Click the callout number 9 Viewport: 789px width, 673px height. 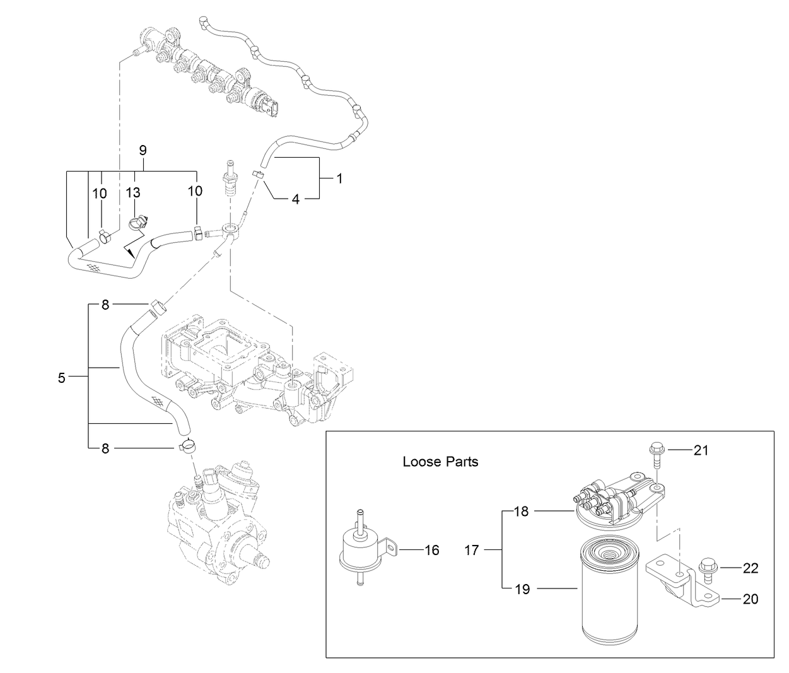143,150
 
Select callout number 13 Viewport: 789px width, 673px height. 133,192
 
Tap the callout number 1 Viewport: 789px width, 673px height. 339,178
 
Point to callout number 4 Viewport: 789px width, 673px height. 295,199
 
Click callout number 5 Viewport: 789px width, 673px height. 61,378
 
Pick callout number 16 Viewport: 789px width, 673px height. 431,550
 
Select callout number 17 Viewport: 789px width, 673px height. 472,550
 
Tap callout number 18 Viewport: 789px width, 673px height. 521,512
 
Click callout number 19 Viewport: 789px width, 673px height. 522,590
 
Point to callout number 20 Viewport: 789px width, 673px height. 751,599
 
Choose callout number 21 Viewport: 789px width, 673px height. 701,450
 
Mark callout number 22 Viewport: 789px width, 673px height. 750,568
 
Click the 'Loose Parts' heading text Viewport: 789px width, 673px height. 440,462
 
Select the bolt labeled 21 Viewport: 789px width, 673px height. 655,455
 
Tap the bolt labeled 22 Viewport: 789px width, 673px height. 708,569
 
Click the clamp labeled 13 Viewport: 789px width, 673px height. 137,222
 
